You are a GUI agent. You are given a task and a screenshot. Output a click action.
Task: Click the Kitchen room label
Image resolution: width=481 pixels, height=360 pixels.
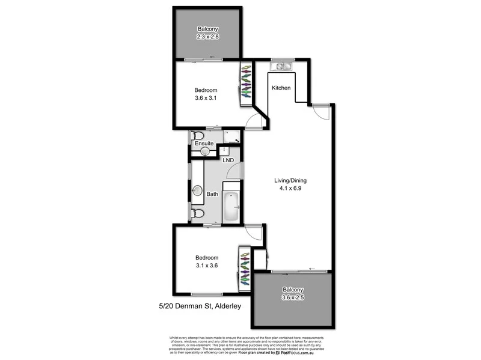point(281,88)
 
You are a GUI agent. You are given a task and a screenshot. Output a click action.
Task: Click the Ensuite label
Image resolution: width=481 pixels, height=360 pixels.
point(204,143)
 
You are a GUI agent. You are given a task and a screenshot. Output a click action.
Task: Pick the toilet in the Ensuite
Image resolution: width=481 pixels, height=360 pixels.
point(198,136)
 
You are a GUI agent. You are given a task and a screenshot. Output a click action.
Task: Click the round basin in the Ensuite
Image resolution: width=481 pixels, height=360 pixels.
point(205,151)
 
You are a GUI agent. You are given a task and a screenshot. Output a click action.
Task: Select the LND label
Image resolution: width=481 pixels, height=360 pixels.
point(228,160)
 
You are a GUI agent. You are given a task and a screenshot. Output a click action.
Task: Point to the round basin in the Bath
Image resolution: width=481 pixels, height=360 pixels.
point(197,191)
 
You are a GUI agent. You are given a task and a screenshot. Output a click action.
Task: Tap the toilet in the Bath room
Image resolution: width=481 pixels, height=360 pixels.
point(197,213)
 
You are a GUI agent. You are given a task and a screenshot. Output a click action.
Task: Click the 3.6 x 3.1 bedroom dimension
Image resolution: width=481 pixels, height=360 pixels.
point(206,98)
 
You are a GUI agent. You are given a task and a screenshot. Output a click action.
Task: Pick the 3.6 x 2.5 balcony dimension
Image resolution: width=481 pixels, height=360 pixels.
point(293,298)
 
